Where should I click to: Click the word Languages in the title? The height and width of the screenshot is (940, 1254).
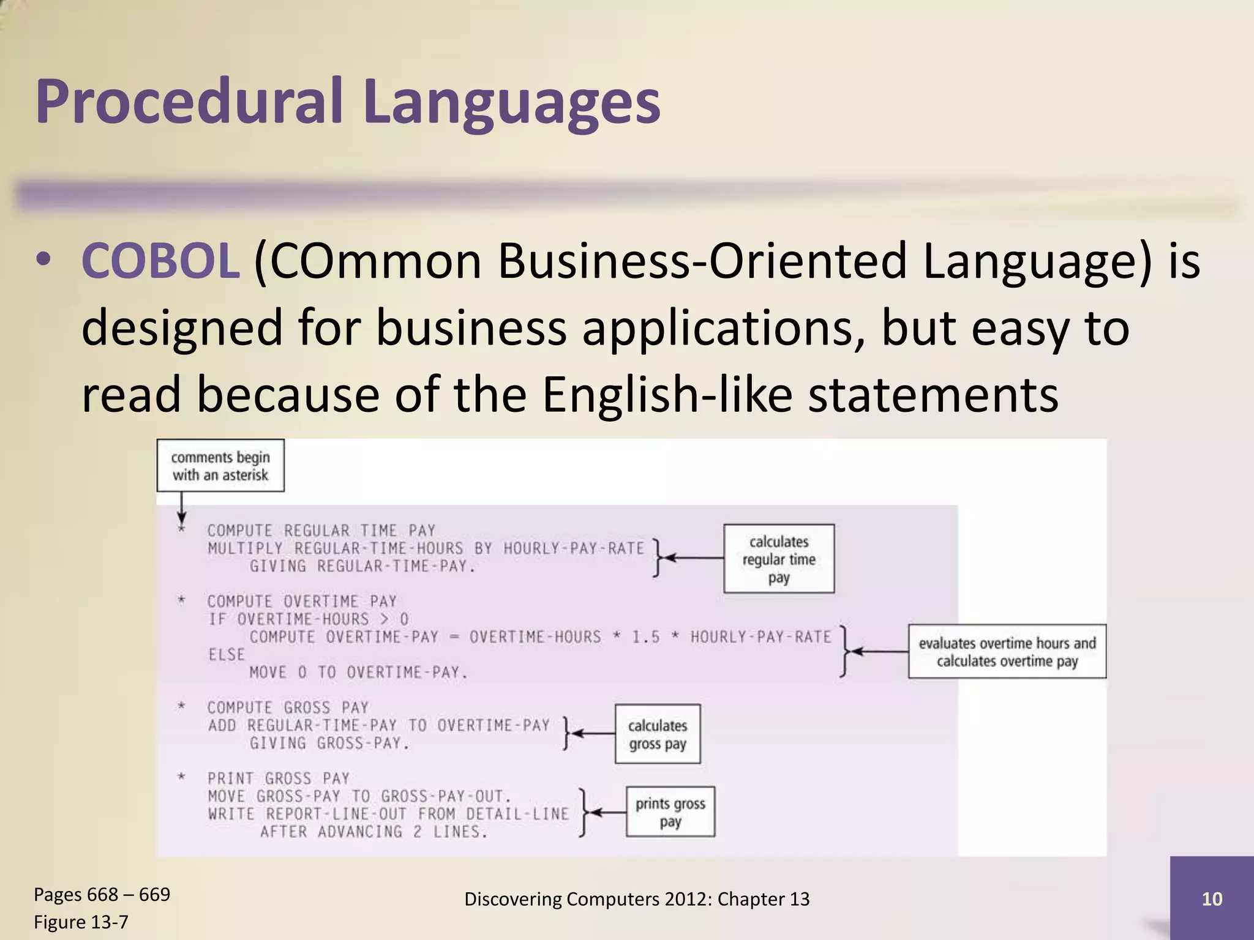click(x=511, y=103)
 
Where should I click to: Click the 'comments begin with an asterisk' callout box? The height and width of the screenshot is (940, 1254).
click(x=220, y=466)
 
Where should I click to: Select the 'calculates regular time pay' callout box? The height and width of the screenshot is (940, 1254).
click(x=779, y=559)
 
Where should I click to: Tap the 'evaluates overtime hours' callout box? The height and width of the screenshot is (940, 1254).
click(x=1007, y=652)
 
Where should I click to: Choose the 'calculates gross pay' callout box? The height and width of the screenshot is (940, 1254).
click(x=658, y=734)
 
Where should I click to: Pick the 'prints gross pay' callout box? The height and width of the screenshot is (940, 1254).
click(x=670, y=812)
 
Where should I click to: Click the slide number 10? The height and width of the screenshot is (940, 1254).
click(x=1212, y=898)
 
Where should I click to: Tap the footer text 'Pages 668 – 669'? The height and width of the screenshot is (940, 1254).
click(x=102, y=895)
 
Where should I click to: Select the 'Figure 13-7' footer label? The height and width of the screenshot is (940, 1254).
click(x=81, y=922)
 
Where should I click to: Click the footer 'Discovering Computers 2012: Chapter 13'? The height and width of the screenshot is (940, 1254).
click(x=637, y=899)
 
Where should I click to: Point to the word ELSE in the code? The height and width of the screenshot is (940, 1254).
click(x=227, y=655)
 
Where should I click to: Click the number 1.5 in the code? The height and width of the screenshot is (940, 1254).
click(x=646, y=638)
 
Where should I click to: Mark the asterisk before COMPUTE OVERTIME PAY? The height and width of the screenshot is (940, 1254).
click(x=181, y=602)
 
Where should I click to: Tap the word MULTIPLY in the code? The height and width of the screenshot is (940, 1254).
click(x=245, y=548)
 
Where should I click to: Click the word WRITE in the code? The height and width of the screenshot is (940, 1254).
click(x=231, y=814)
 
